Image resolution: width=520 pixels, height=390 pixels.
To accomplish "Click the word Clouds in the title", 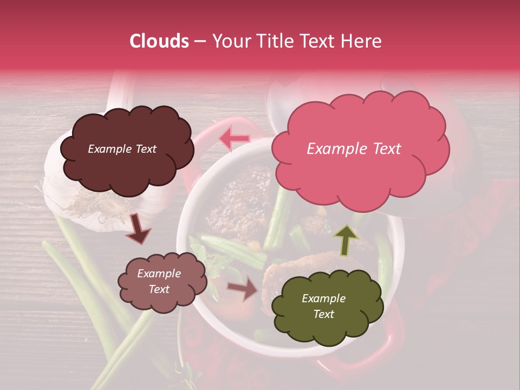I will tap(159, 41).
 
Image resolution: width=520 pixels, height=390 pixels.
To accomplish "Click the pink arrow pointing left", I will tap(235, 139).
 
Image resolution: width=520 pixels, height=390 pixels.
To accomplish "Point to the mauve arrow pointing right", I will tap(243, 288).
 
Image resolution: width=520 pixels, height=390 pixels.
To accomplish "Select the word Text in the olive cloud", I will tap(323, 314).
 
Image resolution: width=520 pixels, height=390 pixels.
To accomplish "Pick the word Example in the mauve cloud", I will tap(159, 274).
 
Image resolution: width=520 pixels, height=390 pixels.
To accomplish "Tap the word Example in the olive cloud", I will tap(323, 298).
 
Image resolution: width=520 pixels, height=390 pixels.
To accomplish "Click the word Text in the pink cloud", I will tap(386, 149).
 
